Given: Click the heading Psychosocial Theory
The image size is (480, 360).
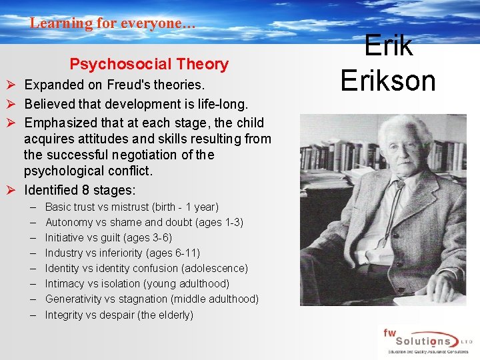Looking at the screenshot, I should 149,65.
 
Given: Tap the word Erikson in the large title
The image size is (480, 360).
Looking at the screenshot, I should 387,79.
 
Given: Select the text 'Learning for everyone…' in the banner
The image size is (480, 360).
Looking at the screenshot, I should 113,23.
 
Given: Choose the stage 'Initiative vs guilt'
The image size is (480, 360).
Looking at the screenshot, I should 84,238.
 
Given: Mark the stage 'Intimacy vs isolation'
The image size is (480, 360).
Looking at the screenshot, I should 92,284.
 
